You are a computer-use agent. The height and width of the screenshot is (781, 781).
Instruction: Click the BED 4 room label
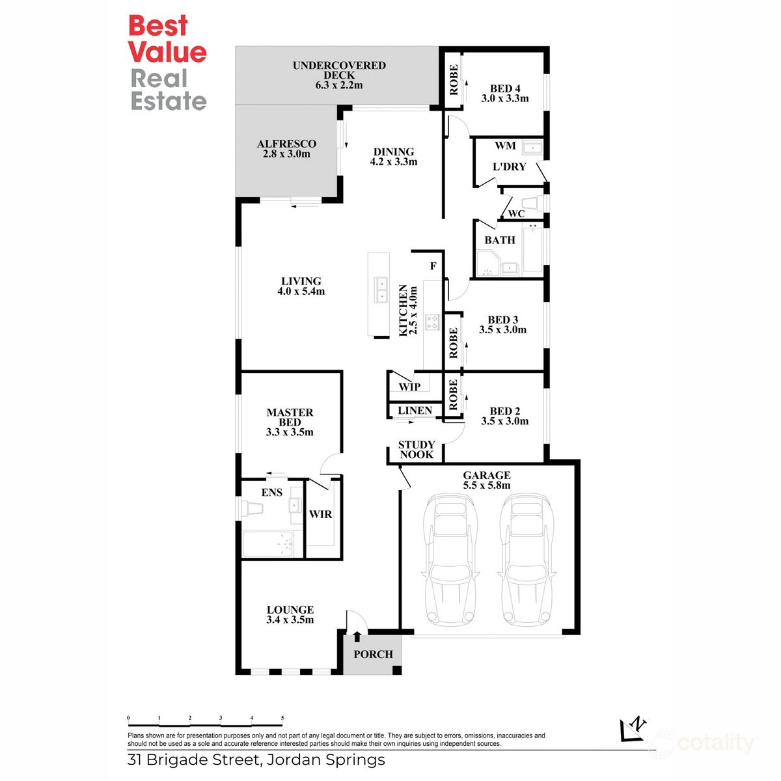505,89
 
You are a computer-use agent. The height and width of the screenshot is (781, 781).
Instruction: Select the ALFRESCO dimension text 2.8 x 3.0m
286,154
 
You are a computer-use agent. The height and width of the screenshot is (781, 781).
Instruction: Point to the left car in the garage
447,559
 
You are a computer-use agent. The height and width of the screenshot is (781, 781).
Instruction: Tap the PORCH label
373,654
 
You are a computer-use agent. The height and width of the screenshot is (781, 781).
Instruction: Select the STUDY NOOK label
417,450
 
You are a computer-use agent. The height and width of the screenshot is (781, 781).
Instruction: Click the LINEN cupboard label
415,411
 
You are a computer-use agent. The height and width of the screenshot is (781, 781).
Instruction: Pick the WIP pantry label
409,387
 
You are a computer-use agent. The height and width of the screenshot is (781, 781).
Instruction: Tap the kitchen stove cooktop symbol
432,322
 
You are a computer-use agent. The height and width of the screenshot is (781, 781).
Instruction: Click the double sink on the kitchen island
380,290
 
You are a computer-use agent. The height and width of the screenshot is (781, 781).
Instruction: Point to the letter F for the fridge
433,267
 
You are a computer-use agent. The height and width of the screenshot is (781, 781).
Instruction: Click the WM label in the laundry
505,146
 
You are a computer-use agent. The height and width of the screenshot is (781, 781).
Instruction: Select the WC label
516,213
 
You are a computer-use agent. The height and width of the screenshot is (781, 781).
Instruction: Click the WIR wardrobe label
320,514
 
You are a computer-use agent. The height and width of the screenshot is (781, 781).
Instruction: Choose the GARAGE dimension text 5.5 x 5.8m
486,486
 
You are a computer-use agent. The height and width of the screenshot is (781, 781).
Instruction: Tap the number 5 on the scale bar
282,718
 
